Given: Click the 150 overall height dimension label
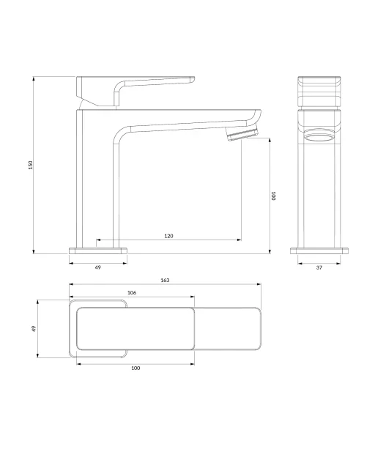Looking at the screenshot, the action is pyautogui.click(x=31, y=165).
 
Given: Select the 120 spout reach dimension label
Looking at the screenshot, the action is pyautogui.click(x=169, y=236).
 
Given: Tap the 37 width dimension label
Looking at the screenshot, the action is pyautogui.click(x=319, y=267).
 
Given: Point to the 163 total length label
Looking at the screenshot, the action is pyautogui.click(x=165, y=280).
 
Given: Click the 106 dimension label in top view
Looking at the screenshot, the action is pyautogui.click(x=132, y=293).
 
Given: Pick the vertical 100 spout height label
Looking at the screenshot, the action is pyautogui.click(x=273, y=196).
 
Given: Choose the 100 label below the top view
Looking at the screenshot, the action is pyautogui.click(x=135, y=368).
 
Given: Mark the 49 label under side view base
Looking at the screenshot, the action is pyautogui.click(x=98, y=267).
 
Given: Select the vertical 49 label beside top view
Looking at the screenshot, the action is pyautogui.click(x=34, y=328).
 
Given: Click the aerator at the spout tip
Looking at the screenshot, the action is pyautogui.click(x=242, y=134).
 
